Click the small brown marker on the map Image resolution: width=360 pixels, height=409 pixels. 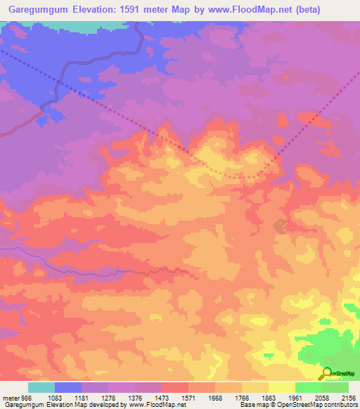280,226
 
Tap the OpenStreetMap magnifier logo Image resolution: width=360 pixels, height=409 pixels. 326,372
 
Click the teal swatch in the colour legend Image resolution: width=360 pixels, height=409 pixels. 41,387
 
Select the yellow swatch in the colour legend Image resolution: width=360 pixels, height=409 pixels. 281,387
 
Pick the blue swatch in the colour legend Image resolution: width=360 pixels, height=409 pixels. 68,387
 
